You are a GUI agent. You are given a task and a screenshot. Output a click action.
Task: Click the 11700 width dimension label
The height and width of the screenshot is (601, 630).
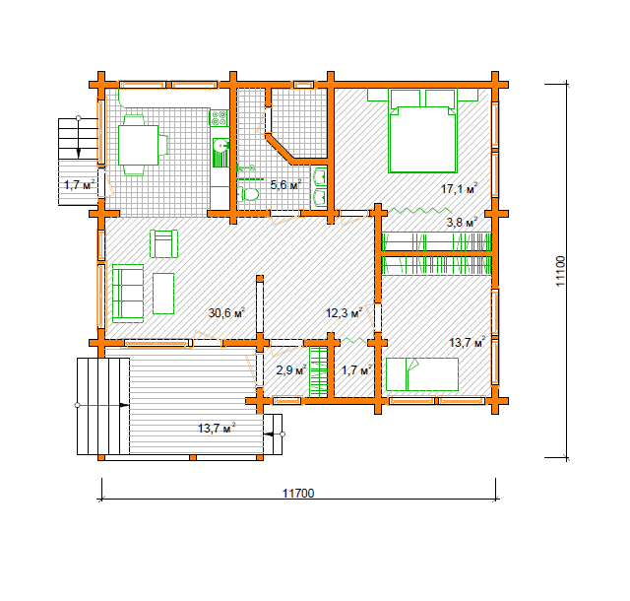point(298,493)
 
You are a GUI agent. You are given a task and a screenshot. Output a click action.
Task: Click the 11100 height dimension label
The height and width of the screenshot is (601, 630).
point(561,271)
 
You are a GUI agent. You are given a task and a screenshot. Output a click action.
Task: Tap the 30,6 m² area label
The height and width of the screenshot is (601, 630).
point(226,312)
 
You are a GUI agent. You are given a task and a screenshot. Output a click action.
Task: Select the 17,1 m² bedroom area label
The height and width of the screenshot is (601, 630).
point(460,188)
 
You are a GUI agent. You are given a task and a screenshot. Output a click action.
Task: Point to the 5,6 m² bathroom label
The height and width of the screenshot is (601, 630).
point(285,185)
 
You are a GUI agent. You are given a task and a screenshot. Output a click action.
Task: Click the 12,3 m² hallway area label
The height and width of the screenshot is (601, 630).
point(344,312)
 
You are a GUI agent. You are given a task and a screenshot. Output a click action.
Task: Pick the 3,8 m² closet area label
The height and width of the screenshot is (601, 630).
point(462,222)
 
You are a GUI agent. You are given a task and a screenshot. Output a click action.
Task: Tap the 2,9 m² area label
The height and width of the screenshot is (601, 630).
point(291,369)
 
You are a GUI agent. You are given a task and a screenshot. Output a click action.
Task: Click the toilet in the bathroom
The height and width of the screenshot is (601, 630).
point(247,195)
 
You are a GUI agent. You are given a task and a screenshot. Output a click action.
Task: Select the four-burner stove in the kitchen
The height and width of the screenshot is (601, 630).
point(220,118)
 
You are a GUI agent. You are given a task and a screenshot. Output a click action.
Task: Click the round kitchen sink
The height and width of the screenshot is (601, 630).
point(220,145)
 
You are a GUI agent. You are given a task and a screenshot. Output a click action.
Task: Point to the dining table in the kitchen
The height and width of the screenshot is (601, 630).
point(138,145)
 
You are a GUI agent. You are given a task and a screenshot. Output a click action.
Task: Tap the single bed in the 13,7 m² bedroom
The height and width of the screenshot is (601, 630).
point(422,374)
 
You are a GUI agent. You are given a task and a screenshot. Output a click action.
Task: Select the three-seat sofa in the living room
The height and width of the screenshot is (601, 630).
point(128,294)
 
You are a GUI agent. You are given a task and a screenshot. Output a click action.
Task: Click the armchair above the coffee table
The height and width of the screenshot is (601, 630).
point(164,243)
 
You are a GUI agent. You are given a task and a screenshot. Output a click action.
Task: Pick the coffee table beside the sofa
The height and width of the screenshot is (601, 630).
point(163,294)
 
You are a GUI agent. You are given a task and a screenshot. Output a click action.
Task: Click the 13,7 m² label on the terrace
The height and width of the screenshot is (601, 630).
point(217,428)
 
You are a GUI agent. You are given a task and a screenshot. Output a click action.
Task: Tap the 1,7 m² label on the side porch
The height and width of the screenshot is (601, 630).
point(80,185)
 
